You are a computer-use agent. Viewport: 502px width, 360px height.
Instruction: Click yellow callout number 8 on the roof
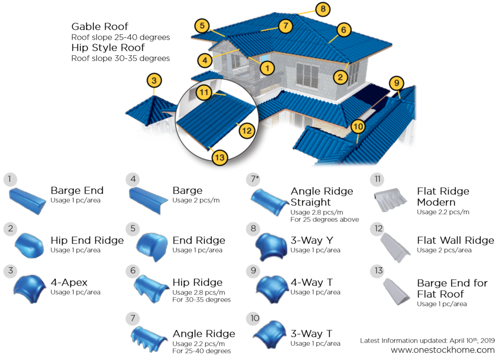pos(322,9)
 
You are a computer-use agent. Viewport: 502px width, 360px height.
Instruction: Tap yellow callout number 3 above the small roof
pos(154,81)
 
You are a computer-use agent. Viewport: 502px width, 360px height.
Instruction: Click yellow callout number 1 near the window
pos(267,68)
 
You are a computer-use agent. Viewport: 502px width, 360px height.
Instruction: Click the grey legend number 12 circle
pos(379,229)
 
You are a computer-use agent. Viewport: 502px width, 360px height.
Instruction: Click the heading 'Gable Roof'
pos(100,26)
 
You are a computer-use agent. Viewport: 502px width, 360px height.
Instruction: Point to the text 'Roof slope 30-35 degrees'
pos(120,58)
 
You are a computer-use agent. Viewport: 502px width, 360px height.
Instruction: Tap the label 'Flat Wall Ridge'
pos(455,241)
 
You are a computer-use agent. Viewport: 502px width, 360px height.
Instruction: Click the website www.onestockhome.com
pos(443,350)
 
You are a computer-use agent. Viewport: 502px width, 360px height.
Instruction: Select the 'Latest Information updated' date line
pos(427,340)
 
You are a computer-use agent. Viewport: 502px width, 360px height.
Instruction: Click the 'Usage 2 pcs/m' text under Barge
pos(196,200)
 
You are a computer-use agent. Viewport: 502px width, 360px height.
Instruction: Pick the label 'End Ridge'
pos(199,241)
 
